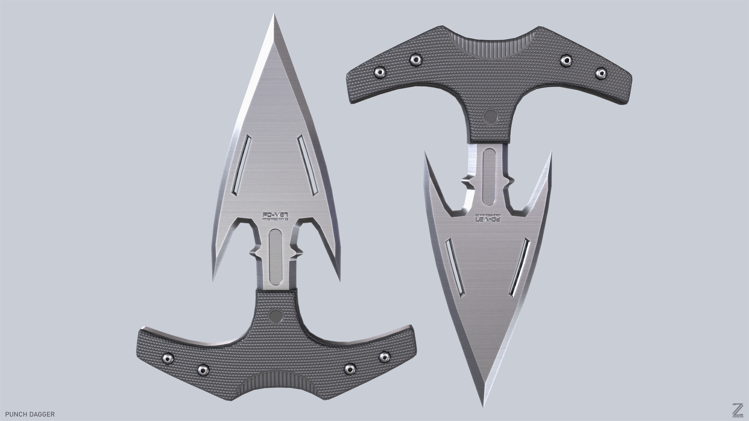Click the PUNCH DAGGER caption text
pyautogui.click(x=30, y=414)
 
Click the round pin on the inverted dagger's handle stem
pyautogui.click(x=491, y=116)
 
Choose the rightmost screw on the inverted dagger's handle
pyautogui.click(x=601, y=73)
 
